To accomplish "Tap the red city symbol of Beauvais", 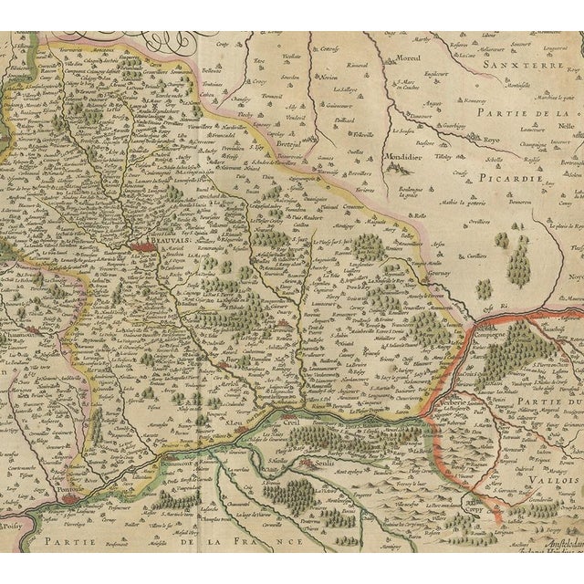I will coord(144,245).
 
